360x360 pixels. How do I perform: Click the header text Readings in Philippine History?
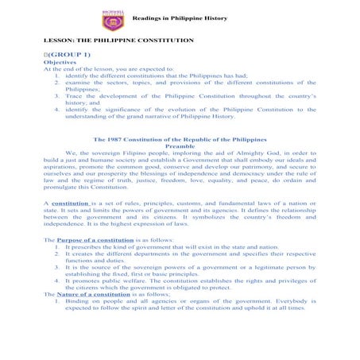tap(179, 17)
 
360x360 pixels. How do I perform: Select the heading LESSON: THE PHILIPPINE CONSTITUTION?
tap(118, 40)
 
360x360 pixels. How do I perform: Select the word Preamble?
tap(180, 145)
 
